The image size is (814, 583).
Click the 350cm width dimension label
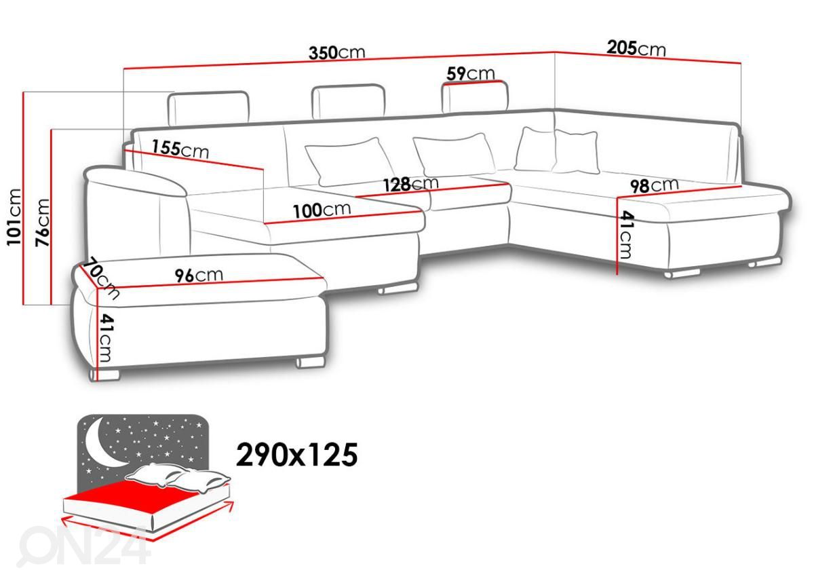(x=337, y=53)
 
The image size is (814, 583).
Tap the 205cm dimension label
(x=636, y=48)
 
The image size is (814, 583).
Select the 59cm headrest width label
(x=471, y=73)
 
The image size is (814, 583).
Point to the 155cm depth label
(x=180, y=149)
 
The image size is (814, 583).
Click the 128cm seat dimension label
(x=411, y=184)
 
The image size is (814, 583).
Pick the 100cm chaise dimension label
(x=322, y=210)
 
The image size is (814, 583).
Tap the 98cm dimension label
(x=654, y=185)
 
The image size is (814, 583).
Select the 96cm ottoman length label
(x=199, y=276)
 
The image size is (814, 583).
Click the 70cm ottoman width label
(x=100, y=278)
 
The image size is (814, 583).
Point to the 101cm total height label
(x=14, y=217)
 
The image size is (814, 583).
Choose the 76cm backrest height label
(x=42, y=223)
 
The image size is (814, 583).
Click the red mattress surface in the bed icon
(x=135, y=495)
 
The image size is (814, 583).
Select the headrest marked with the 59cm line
(x=475, y=97)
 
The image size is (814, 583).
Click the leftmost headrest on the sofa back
(x=209, y=108)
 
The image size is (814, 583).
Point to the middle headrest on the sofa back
(x=349, y=102)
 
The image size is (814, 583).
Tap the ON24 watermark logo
(x=84, y=546)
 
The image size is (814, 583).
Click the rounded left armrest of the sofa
(x=136, y=211)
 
